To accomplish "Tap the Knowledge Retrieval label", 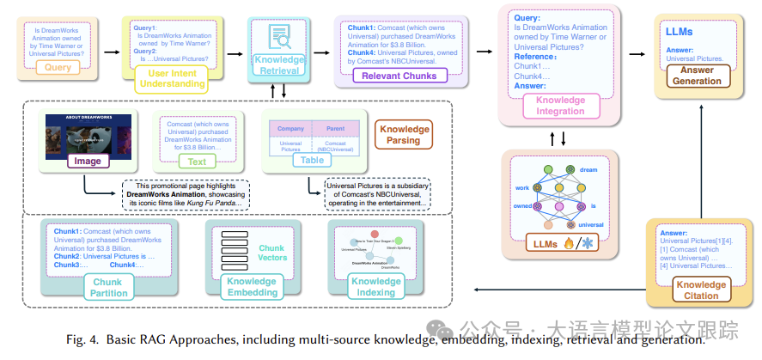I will click(279, 65).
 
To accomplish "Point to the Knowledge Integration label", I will click(560, 105).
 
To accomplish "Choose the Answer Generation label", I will click(697, 75).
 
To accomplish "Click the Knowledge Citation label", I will click(700, 290).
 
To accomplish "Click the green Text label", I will click(197, 161).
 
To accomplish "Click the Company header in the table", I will click(292, 129).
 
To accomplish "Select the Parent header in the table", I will click(335, 129).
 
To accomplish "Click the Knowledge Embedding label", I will click(252, 287).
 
